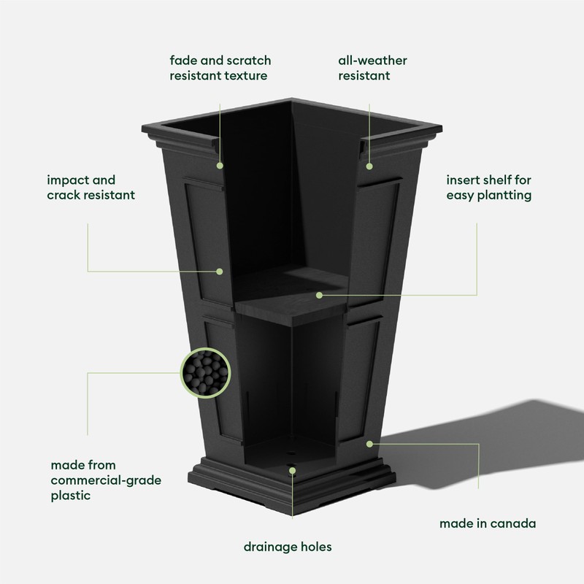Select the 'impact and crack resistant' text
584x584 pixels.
point(91,188)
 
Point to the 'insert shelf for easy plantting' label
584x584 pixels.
point(488,188)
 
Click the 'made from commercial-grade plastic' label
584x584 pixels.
point(106,480)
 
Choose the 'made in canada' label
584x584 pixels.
point(488,523)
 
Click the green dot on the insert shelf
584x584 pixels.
point(319,295)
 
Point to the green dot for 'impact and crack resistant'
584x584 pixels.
point(219,271)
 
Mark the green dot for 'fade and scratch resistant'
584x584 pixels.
point(219,165)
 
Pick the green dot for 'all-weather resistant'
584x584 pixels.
point(369,165)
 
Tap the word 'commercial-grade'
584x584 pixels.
point(106,480)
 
